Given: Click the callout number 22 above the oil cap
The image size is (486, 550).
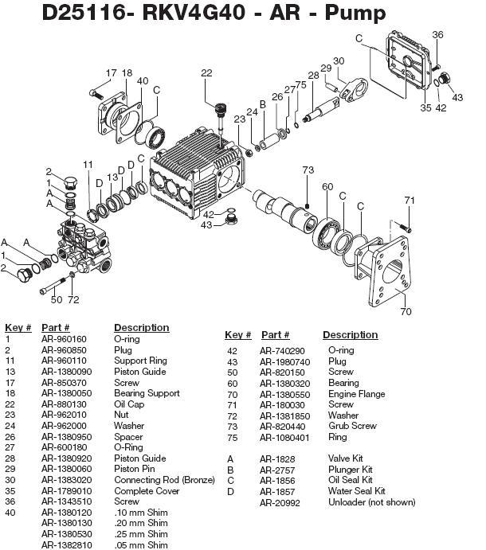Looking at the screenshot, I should [x=206, y=73].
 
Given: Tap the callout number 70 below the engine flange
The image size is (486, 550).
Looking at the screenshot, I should [x=406, y=312].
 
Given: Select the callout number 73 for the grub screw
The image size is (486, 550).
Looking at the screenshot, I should [x=308, y=170].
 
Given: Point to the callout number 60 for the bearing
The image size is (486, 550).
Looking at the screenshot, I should [x=327, y=186].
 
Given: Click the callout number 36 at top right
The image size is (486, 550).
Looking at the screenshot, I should [x=437, y=34].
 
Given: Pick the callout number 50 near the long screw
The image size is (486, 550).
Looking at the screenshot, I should [x=56, y=299].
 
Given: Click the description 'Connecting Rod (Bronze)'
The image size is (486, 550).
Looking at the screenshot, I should [x=164, y=480].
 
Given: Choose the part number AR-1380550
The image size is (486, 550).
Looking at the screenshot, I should [x=284, y=394].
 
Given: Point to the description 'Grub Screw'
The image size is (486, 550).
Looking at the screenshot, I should [x=351, y=426].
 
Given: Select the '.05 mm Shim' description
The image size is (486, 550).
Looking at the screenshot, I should [x=141, y=545].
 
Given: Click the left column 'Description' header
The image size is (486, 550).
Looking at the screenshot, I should [x=141, y=327].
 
